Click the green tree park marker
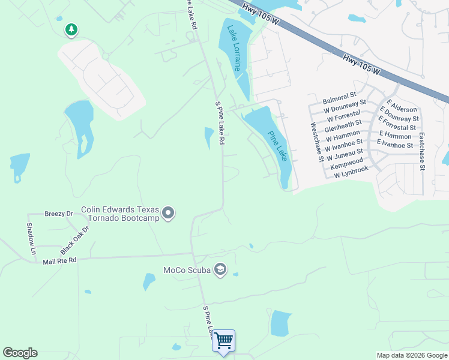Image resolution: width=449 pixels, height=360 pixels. click(x=71, y=29)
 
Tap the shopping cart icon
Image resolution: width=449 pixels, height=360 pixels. click(x=224, y=341)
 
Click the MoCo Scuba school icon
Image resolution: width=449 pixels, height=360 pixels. click(x=220, y=269)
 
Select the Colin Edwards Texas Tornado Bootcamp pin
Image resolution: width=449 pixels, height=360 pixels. click(x=168, y=213)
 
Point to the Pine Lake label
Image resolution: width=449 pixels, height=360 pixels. click(x=277, y=146)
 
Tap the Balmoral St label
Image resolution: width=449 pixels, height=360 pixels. click(x=339, y=95)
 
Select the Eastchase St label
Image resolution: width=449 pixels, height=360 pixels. click(x=422, y=151)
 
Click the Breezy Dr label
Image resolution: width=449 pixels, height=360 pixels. click(x=59, y=214)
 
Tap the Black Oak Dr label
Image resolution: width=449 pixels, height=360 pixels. click(x=74, y=240)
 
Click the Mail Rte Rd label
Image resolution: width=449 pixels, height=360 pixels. click(x=59, y=261)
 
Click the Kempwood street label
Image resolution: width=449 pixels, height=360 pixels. click(x=347, y=162)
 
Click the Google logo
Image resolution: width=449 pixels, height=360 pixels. click(x=20, y=353)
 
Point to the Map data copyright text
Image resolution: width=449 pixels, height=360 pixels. click(x=412, y=355)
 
